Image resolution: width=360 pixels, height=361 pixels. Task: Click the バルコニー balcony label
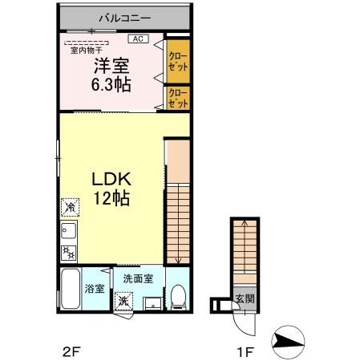(124, 15)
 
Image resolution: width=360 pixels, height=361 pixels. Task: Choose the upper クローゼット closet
(178, 61)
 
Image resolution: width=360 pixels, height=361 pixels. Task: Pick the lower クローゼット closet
(178, 99)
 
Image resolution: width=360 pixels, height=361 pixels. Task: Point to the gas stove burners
(68, 254)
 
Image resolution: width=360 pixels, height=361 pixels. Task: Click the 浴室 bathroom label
(94, 289)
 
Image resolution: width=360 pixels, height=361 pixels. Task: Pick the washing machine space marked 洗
(123, 302)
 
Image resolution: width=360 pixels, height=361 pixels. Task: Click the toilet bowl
(178, 298)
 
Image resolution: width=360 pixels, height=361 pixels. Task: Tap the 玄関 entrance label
(244, 299)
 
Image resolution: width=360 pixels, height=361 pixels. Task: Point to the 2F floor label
(71, 351)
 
